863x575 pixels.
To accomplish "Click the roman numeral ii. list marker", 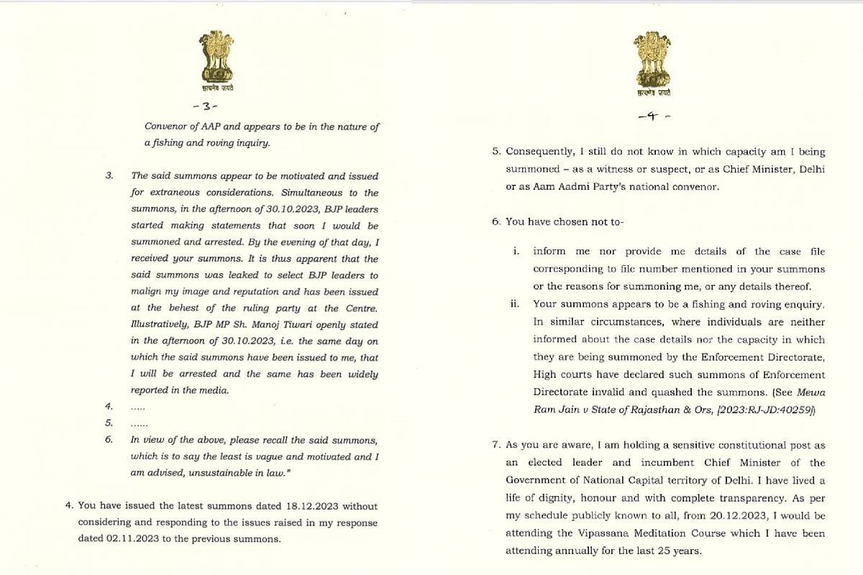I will [514, 304].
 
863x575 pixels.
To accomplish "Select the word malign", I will [146, 293].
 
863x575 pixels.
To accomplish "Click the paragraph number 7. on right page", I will [497, 445].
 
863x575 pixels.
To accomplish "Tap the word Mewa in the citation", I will [812, 392].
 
